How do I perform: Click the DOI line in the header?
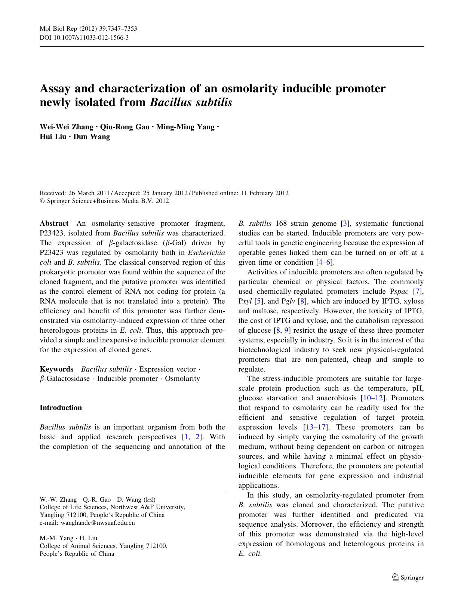pos(84,37)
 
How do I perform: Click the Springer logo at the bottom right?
pos(408,577)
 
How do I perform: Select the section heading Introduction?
pos(61,408)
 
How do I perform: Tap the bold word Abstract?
pos(54,224)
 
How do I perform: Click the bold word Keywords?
pos(56,369)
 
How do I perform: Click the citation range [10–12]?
pos(373,398)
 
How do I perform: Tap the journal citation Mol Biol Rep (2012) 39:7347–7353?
pos(88,29)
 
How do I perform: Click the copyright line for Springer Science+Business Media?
pos(104,201)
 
